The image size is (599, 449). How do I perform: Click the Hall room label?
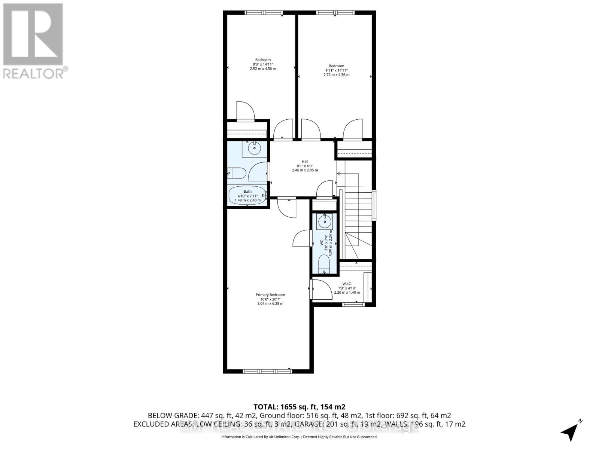[305, 162]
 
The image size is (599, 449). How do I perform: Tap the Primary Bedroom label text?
[270, 295]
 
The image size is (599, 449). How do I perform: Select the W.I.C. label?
[347, 284]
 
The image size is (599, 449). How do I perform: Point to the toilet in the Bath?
[237, 174]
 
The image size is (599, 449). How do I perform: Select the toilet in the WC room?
[323, 264]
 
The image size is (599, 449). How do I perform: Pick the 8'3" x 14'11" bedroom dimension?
[262, 64]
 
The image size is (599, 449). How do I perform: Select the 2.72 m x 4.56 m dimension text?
[336, 75]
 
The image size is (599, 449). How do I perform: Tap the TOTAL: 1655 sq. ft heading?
[299, 407]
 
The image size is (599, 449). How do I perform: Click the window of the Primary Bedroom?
[267, 371]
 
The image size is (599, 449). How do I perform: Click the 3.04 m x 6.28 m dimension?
[270, 303]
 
